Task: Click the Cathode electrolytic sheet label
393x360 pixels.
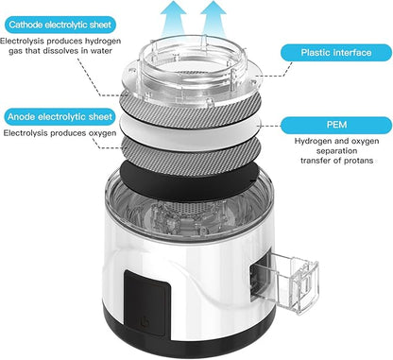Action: click(x=60, y=25)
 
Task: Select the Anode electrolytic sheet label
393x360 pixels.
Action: click(x=60, y=117)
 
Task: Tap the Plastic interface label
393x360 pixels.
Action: click(x=336, y=52)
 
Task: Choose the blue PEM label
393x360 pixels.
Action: click(x=336, y=125)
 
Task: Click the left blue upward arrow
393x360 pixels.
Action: click(x=173, y=19)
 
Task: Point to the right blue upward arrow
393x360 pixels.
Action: click(x=214, y=19)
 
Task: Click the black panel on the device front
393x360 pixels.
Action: click(x=147, y=304)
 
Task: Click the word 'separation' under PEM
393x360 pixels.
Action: click(x=336, y=150)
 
